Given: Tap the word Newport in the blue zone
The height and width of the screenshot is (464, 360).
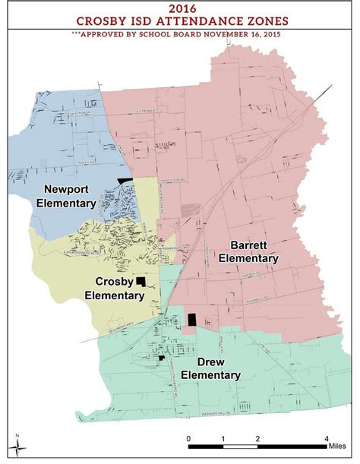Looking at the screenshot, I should pyautogui.click(x=69, y=189).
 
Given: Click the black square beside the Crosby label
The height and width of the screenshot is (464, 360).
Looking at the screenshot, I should pyautogui.click(x=140, y=282).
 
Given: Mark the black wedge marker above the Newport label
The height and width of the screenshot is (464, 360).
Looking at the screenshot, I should pyautogui.click(x=125, y=178).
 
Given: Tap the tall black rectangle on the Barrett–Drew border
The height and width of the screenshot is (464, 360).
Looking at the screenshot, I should pyautogui.click(x=192, y=320).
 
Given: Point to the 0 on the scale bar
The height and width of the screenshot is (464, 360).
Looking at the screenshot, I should pyautogui.click(x=188, y=438).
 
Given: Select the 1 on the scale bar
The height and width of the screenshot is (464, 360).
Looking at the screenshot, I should pyautogui.click(x=223, y=438).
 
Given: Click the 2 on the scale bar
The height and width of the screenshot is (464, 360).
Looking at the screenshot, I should pyautogui.click(x=257, y=438).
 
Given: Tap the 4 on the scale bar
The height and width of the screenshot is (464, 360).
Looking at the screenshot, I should pyautogui.click(x=327, y=438).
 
